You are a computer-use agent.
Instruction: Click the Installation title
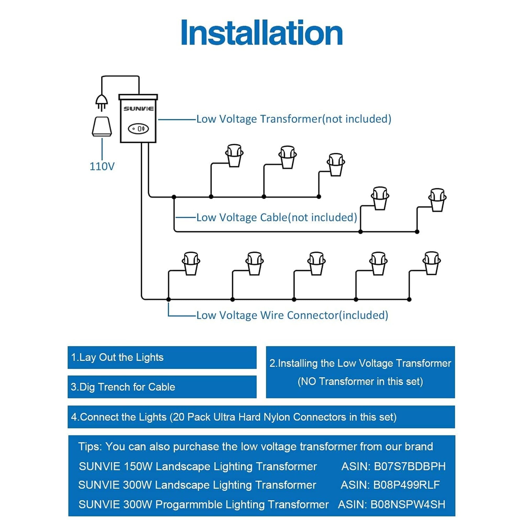tap(262, 33)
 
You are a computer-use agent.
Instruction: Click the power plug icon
tap(102, 103)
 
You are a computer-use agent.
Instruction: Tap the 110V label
tap(102, 166)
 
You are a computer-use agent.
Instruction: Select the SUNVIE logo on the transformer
tap(139, 109)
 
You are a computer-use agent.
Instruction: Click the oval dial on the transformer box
tap(138, 129)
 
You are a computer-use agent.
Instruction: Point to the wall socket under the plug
tap(102, 126)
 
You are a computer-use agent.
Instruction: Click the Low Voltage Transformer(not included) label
tap(294, 119)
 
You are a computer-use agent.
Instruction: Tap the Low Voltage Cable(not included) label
tap(277, 217)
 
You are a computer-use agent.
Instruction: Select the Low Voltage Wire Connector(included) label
tap(292, 315)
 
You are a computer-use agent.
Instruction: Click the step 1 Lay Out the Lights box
tap(162, 357)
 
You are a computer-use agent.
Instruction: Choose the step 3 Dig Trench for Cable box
tap(162, 387)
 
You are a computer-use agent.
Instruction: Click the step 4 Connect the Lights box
tap(261, 417)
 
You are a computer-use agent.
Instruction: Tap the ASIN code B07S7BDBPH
tap(410, 466)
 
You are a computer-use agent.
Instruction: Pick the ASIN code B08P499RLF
tap(407, 485)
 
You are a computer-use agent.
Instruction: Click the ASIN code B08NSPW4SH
tap(408, 504)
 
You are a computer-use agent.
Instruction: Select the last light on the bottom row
tap(432, 263)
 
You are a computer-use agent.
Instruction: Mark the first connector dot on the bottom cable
tap(168, 299)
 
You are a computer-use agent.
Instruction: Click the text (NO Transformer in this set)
tap(360, 381)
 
